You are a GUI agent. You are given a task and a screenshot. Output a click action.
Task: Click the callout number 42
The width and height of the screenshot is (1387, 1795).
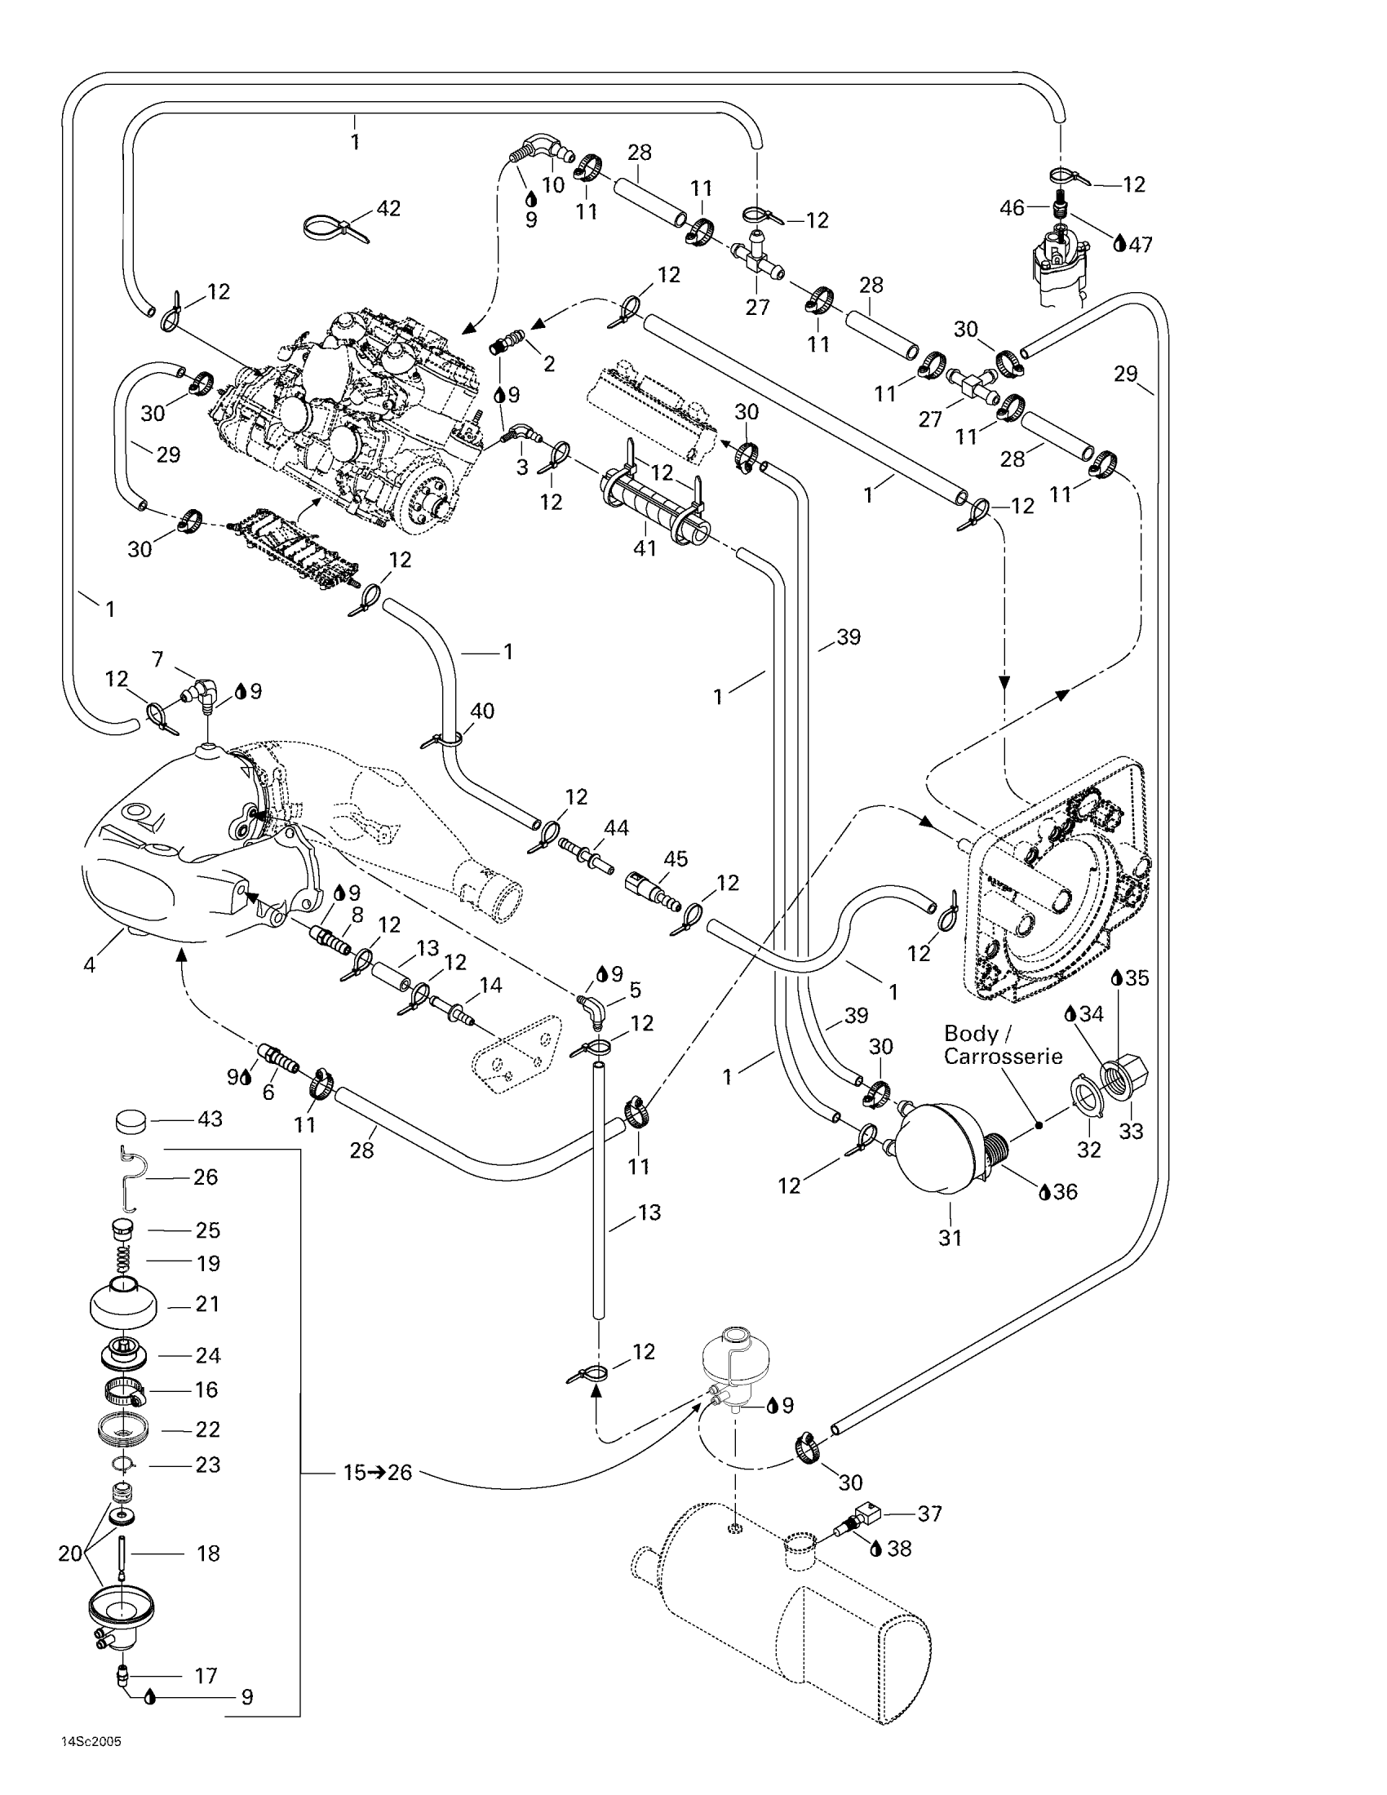[388, 209]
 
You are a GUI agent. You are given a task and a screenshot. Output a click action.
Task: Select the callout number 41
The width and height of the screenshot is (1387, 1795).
[645, 547]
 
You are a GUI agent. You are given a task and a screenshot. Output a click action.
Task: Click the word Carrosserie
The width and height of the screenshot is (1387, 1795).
[1003, 1057]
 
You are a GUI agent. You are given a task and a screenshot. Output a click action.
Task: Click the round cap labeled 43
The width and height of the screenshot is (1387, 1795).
[129, 1119]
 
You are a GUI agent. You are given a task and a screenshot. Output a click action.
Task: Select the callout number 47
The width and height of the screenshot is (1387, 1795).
[1141, 244]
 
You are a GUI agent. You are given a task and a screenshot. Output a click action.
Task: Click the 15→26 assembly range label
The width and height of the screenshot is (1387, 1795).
[377, 1472]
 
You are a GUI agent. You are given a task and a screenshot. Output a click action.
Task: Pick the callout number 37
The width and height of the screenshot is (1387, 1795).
[929, 1513]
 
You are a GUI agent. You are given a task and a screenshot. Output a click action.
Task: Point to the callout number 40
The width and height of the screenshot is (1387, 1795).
[481, 711]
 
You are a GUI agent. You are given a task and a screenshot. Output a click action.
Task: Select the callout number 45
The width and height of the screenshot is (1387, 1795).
[676, 859]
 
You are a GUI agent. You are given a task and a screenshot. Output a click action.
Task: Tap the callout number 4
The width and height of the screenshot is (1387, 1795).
[90, 964]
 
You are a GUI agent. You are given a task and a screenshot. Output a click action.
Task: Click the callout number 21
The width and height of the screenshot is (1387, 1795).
[208, 1305]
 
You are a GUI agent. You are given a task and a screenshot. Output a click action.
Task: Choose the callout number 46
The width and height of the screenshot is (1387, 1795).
[1012, 209]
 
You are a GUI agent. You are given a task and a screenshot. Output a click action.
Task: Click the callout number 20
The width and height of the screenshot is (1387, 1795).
[71, 1553]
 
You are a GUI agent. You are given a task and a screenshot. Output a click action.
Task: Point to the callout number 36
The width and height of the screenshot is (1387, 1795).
[1065, 1192]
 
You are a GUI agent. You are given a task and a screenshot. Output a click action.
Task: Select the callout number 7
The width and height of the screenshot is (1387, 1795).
[157, 659]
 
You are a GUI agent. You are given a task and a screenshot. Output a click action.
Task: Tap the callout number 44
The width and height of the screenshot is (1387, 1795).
[616, 827]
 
